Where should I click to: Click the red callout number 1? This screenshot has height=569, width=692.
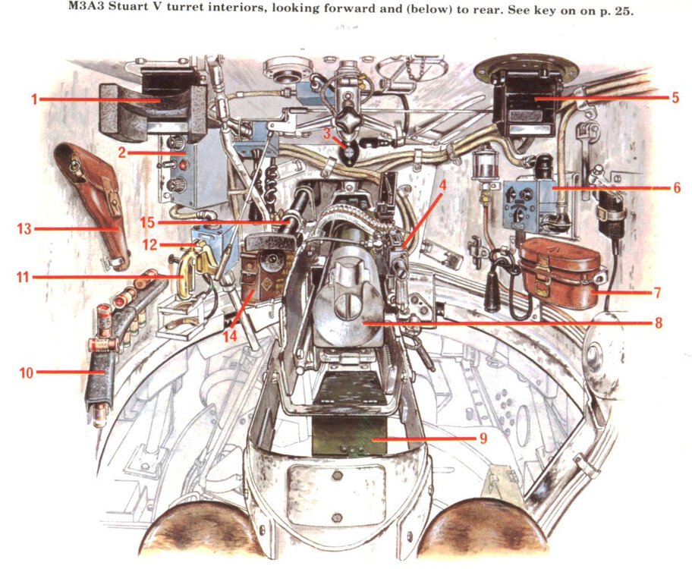(34, 99)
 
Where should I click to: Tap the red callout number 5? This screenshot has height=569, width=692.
(675, 97)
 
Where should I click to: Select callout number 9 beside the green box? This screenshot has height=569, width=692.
(483, 439)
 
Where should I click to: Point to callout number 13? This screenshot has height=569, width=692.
(24, 228)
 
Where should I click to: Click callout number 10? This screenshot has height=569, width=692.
(26, 373)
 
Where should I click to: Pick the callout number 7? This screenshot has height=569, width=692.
(657, 292)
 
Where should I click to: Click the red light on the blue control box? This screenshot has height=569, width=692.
(182, 165)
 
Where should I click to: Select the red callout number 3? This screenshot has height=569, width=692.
(326, 134)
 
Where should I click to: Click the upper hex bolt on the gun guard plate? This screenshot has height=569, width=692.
(336, 476)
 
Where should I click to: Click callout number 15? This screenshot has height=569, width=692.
(148, 222)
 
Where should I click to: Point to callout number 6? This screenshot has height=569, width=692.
(677, 188)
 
